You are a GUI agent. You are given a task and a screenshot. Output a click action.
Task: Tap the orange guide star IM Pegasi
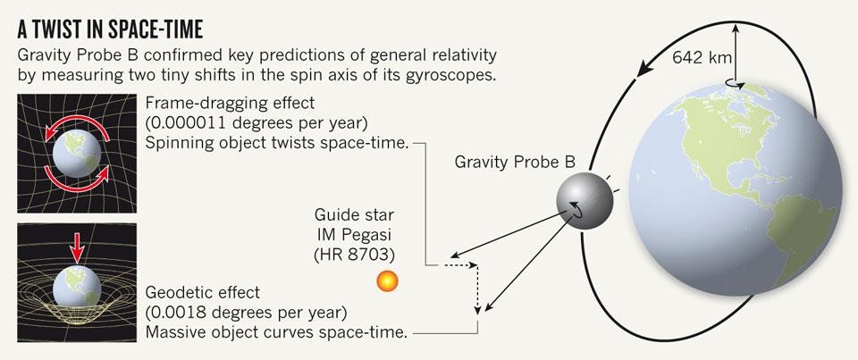(388, 280)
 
